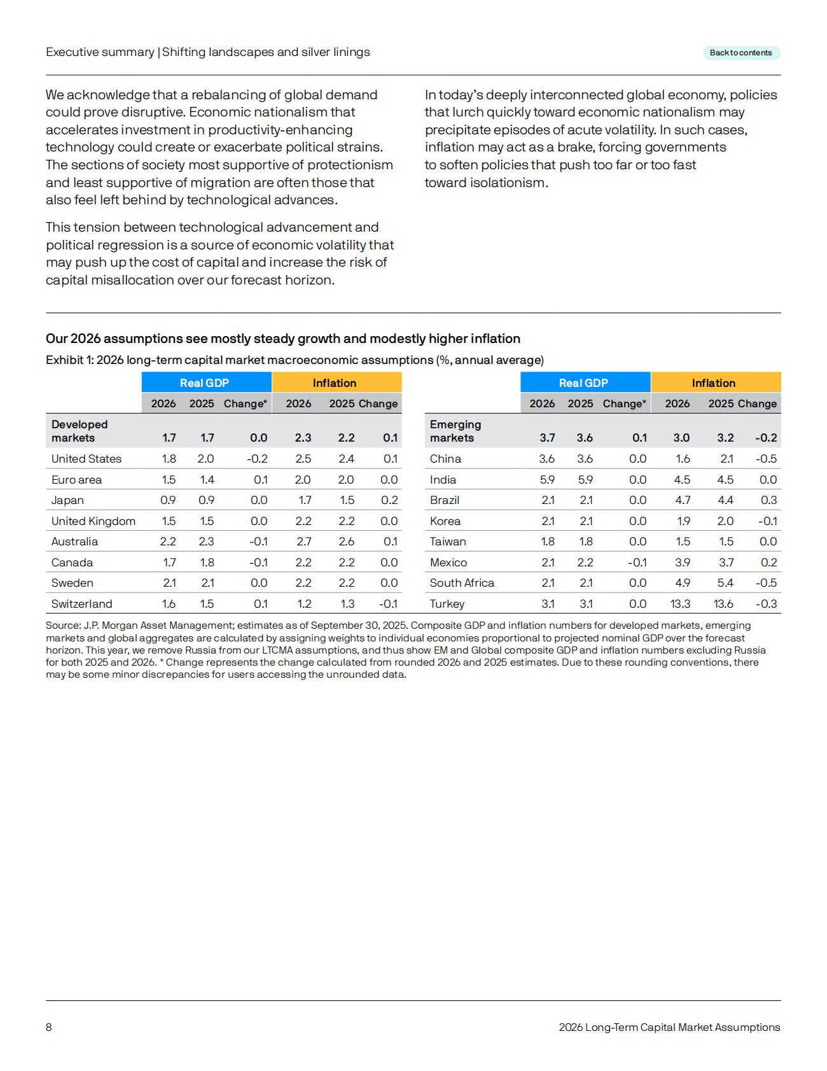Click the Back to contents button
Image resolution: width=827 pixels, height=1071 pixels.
(741, 53)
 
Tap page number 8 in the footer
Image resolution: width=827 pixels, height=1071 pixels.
(49, 1027)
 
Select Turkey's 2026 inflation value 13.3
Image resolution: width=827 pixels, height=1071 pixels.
(680, 604)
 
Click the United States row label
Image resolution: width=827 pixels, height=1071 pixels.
(87, 459)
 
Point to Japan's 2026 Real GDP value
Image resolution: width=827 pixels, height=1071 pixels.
(168, 500)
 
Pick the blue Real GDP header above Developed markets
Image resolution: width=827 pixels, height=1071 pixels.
(205, 382)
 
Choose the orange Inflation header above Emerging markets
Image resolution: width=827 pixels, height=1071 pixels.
(714, 382)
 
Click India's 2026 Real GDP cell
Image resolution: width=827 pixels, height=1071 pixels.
(547, 480)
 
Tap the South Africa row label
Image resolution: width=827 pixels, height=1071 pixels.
(462, 583)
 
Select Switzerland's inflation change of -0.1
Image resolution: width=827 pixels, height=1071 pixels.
(388, 604)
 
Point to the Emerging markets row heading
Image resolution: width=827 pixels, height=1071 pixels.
(455, 431)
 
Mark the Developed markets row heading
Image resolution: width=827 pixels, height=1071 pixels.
(80, 431)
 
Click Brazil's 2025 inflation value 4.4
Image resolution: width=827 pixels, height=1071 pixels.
(725, 500)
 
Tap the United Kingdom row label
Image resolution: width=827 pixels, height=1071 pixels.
(94, 521)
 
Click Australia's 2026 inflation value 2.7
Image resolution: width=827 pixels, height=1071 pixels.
(303, 542)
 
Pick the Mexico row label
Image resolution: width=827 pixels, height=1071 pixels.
(448, 563)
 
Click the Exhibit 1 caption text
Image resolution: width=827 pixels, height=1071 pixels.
(295, 360)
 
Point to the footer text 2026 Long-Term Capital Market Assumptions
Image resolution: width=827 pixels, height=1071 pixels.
(669, 1027)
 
